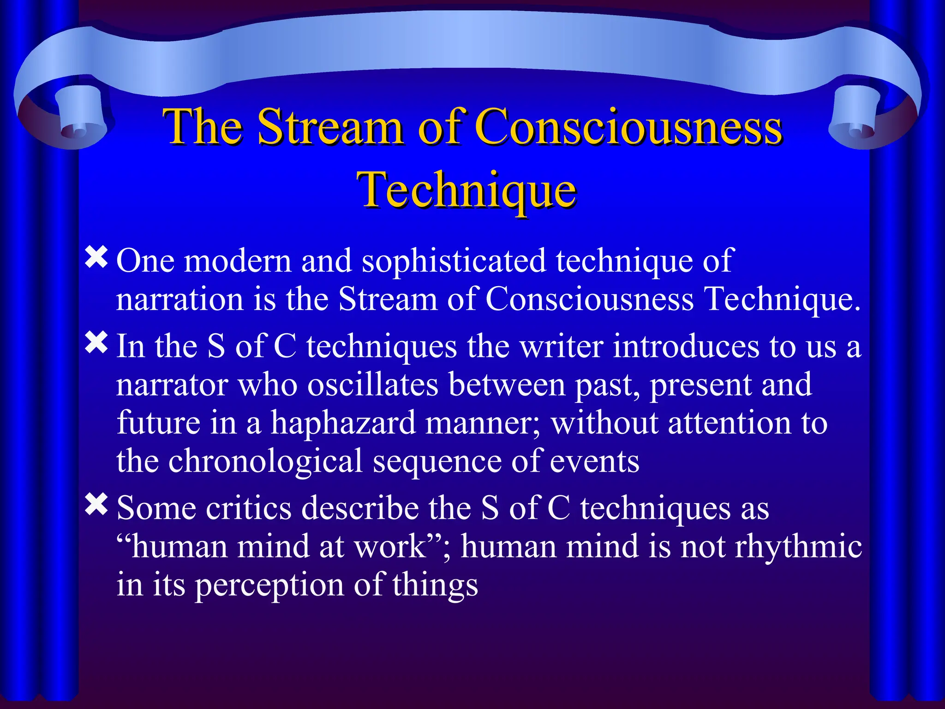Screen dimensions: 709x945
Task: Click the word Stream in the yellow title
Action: (x=329, y=127)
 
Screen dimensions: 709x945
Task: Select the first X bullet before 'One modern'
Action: (x=96, y=257)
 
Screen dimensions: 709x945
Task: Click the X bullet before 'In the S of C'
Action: (x=96, y=343)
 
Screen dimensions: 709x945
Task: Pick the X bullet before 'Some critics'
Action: (x=96, y=505)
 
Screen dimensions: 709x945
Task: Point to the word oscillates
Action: (x=372, y=385)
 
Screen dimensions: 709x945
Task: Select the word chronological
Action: (x=265, y=461)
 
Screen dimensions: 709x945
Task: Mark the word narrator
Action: (x=172, y=385)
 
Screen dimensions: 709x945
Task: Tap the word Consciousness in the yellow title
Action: (x=628, y=127)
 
